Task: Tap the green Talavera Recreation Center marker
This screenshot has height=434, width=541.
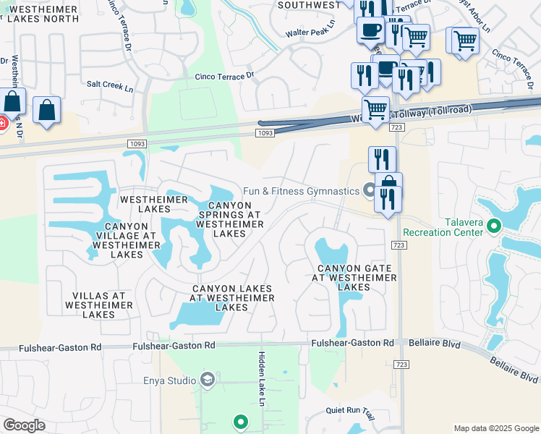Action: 495,226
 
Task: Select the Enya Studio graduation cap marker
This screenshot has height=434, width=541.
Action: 208,380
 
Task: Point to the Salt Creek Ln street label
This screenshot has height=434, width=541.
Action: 110,85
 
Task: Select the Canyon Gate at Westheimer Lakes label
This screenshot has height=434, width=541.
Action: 354,277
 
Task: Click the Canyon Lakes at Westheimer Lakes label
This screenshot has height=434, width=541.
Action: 232,297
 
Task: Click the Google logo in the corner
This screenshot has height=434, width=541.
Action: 24,425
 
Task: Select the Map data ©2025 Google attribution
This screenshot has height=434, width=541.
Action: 495,428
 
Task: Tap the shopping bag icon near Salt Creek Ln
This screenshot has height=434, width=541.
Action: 46,111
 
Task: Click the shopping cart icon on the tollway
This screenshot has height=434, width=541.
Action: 375,111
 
